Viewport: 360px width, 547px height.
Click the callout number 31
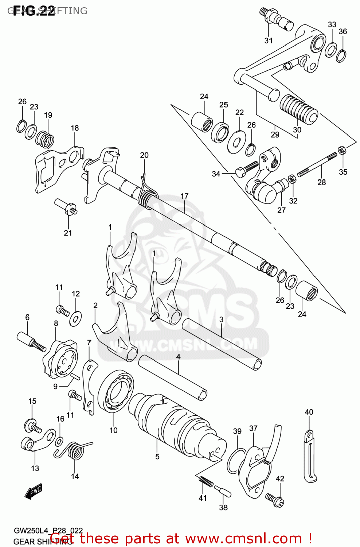[x=268, y=40]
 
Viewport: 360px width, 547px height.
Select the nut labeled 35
[x=342, y=150]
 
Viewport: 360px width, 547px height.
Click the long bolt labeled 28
[x=317, y=164]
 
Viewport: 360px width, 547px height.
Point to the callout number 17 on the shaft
[x=184, y=196]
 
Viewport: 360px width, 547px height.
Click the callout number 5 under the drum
[x=157, y=456]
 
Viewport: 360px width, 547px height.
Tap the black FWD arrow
[x=34, y=491]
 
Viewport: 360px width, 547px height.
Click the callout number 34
[x=216, y=174]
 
